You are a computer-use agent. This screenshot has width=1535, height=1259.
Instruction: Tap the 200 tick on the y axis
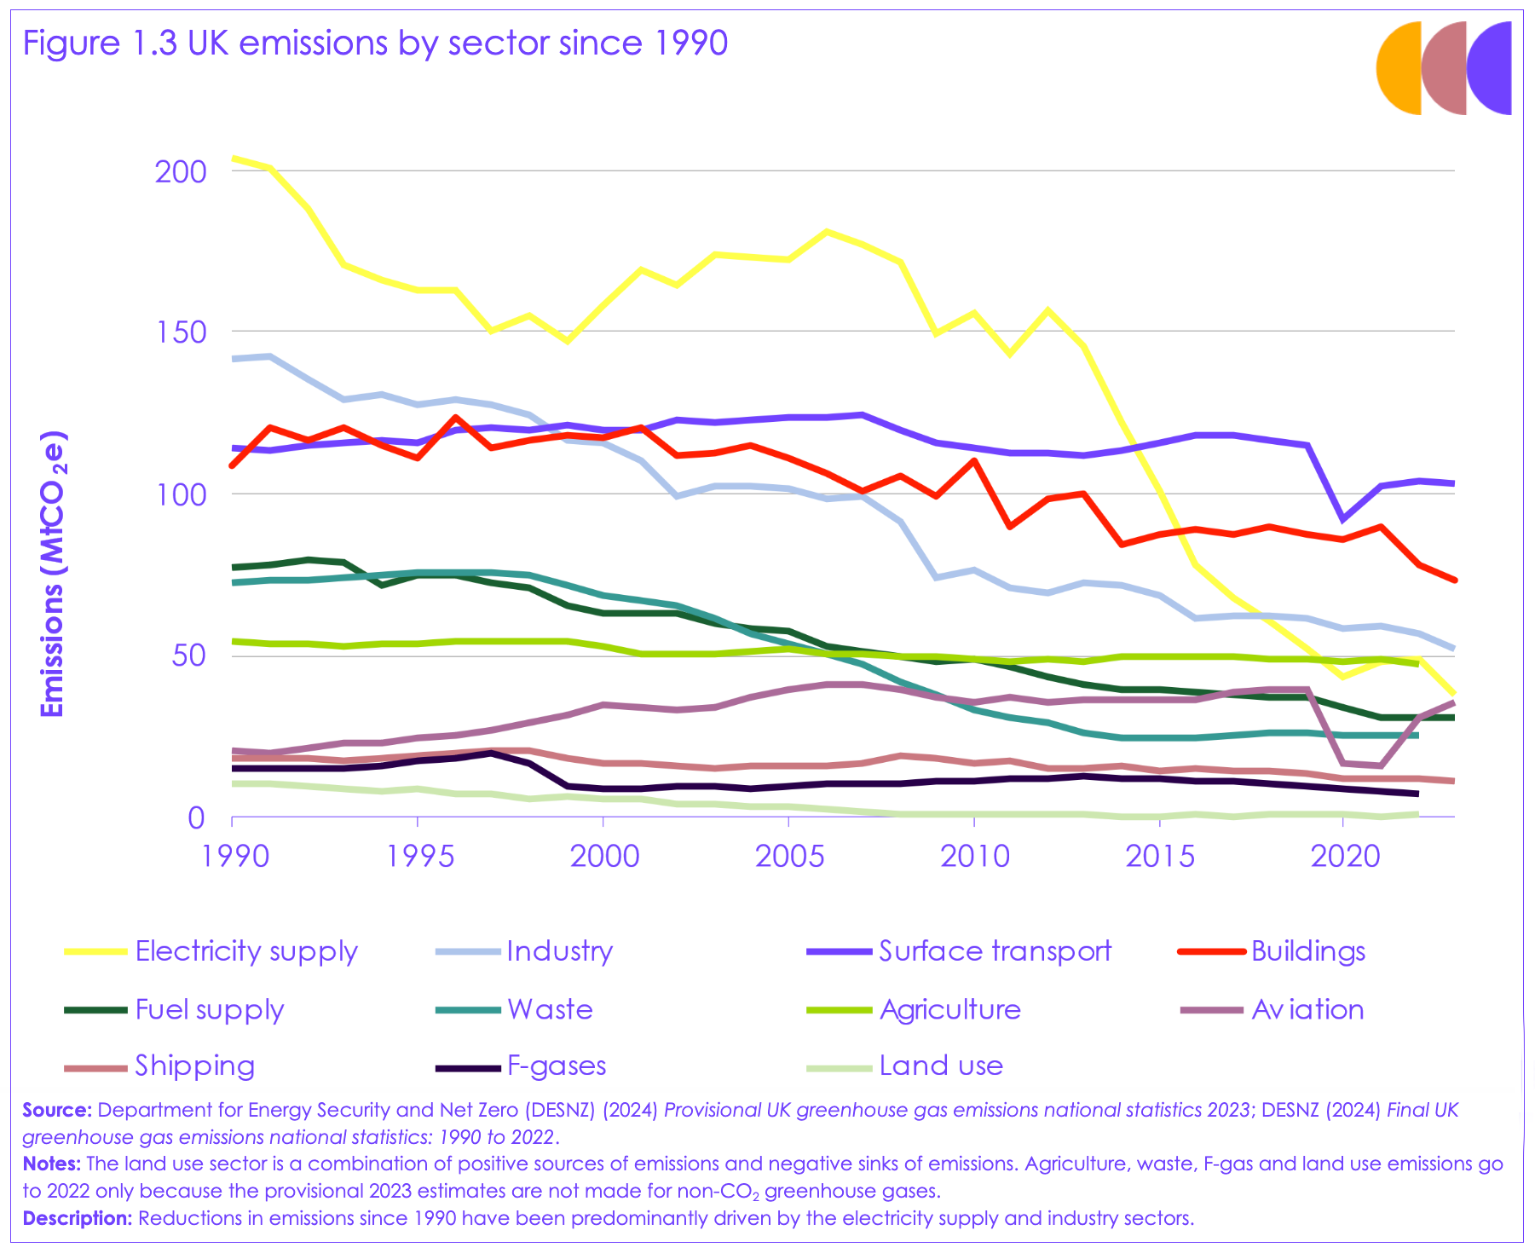click(x=181, y=171)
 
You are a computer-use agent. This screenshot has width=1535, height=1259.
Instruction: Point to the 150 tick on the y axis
click(x=181, y=332)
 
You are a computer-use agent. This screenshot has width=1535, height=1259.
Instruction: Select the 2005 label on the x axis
click(x=789, y=855)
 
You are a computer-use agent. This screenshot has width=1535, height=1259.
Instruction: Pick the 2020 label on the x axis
click(x=1344, y=855)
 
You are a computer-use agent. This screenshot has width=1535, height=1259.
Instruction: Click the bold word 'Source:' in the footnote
click(x=56, y=1110)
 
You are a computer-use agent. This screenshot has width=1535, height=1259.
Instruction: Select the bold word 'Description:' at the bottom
click(x=77, y=1218)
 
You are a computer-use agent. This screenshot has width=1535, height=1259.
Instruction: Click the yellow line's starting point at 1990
click(x=233, y=158)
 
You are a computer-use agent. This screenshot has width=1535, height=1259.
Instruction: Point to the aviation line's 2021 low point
click(x=1381, y=765)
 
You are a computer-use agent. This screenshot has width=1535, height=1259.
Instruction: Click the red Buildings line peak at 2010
click(x=973, y=461)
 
